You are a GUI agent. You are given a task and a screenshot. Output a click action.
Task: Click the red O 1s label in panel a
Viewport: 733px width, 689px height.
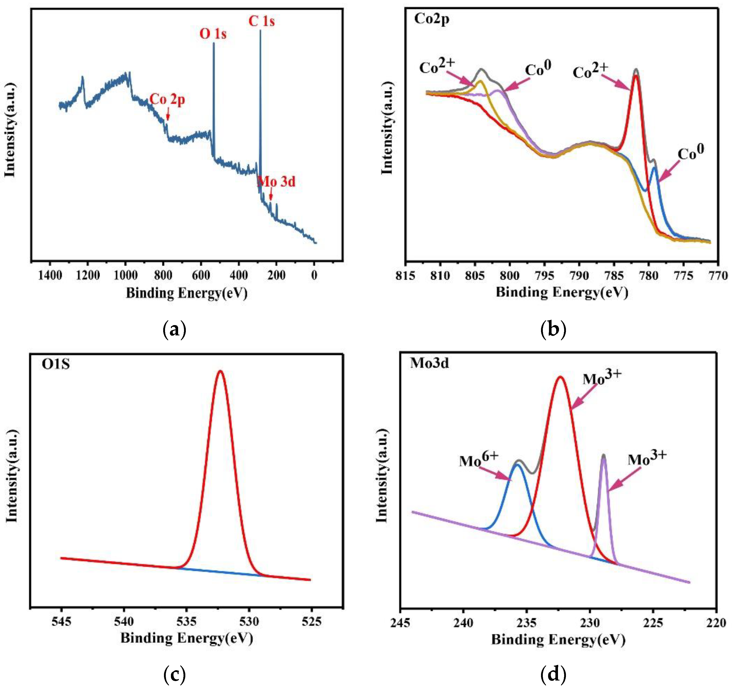click(x=213, y=34)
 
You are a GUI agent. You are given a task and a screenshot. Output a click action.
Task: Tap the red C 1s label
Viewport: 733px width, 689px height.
click(x=261, y=21)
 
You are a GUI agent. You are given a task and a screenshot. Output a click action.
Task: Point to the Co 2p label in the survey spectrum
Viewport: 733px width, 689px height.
click(x=167, y=99)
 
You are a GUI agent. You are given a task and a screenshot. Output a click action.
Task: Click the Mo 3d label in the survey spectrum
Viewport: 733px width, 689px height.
click(x=277, y=181)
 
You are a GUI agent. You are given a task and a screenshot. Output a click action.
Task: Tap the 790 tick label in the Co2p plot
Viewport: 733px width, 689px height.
click(x=579, y=275)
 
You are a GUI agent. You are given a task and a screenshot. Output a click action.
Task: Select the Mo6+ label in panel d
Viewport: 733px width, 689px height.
click(x=479, y=460)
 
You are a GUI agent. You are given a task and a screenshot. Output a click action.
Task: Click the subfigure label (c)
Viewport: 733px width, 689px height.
click(x=174, y=675)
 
